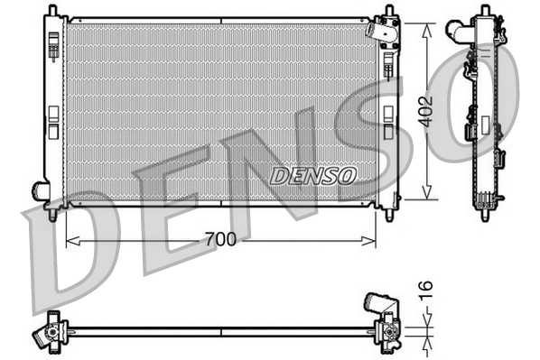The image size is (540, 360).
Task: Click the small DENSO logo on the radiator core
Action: [312, 174]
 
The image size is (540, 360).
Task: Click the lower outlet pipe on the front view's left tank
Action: [41, 190]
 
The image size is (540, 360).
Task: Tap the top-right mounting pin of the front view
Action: [389, 12]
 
